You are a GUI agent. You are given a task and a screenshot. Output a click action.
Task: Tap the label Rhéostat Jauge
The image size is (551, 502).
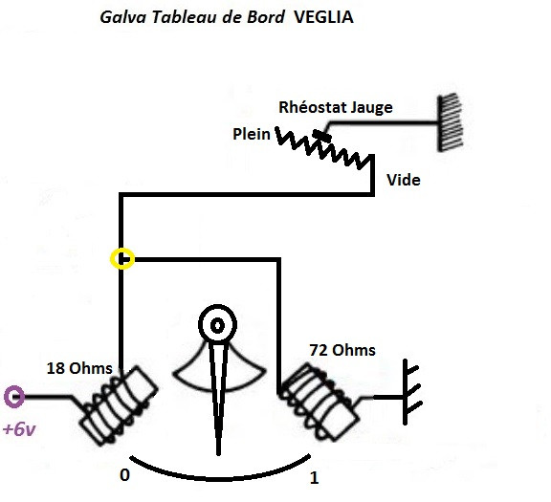(x=335, y=107)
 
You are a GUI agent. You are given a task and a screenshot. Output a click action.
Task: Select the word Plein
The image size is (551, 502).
(x=252, y=135)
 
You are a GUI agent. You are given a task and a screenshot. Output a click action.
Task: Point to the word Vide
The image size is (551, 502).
(x=403, y=180)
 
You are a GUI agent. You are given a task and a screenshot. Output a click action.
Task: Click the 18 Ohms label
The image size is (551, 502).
(x=80, y=368)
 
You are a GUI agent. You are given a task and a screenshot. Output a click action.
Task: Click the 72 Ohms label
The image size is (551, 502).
(x=342, y=350)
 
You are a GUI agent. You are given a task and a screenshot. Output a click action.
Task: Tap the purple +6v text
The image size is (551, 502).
(x=18, y=429)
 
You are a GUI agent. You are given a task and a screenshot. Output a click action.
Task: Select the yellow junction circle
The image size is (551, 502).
(x=122, y=258)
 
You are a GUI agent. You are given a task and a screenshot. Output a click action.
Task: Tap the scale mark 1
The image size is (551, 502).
(x=315, y=476)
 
